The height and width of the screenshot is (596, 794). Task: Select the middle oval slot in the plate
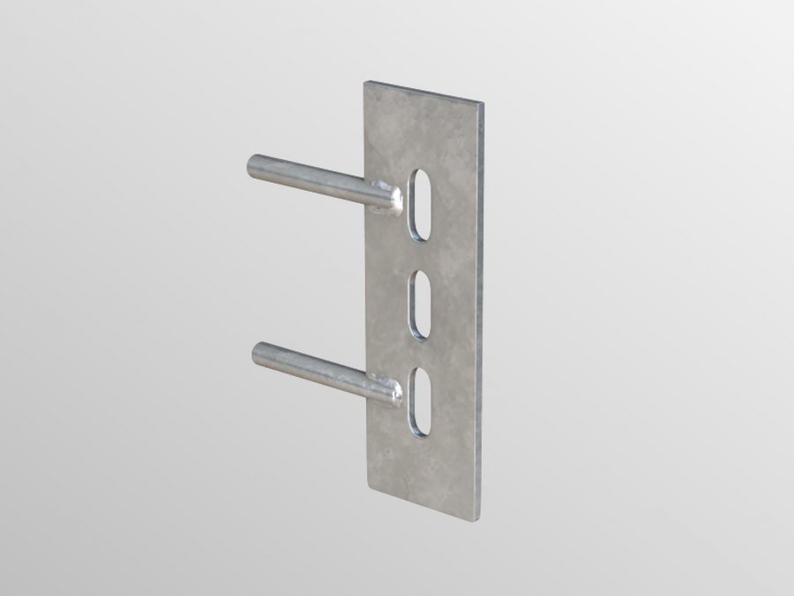click(x=420, y=306)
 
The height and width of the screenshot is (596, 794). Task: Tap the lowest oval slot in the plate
click(x=419, y=404)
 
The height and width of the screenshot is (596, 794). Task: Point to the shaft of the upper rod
click(x=309, y=179)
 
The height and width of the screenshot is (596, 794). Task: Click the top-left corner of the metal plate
click(x=366, y=82)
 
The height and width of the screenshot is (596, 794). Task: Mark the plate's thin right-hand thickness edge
click(x=482, y=309)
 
